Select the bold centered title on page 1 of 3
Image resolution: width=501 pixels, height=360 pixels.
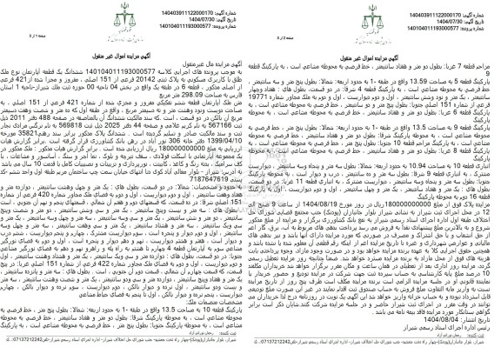pyautogui.click(x=125, y=43)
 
